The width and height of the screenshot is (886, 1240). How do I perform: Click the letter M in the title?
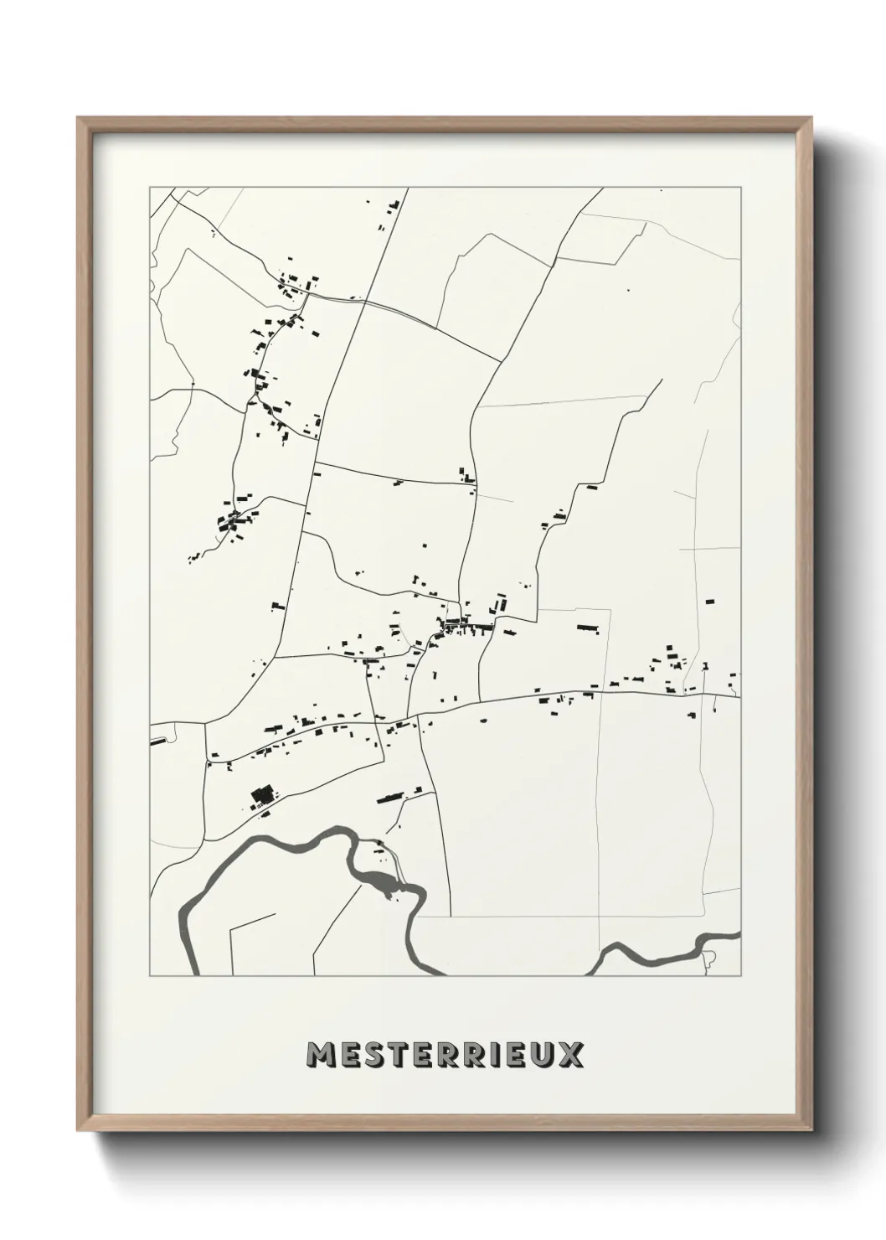pyautogui.click(x=321, y=1055)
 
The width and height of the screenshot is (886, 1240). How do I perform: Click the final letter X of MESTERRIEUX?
pyautogui.click(x=571, y=1055)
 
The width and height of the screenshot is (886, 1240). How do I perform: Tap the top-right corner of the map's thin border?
pyautogui.click(x=739, y=188)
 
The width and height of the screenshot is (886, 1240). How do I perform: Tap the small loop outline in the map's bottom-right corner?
pyautogui.click(x=709, y=957)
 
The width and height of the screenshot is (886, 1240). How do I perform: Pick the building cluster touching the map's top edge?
pyautogui.click(x=391, y=205)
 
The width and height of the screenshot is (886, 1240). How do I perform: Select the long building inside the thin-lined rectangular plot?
pyautogui.click(x=588, y=627)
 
